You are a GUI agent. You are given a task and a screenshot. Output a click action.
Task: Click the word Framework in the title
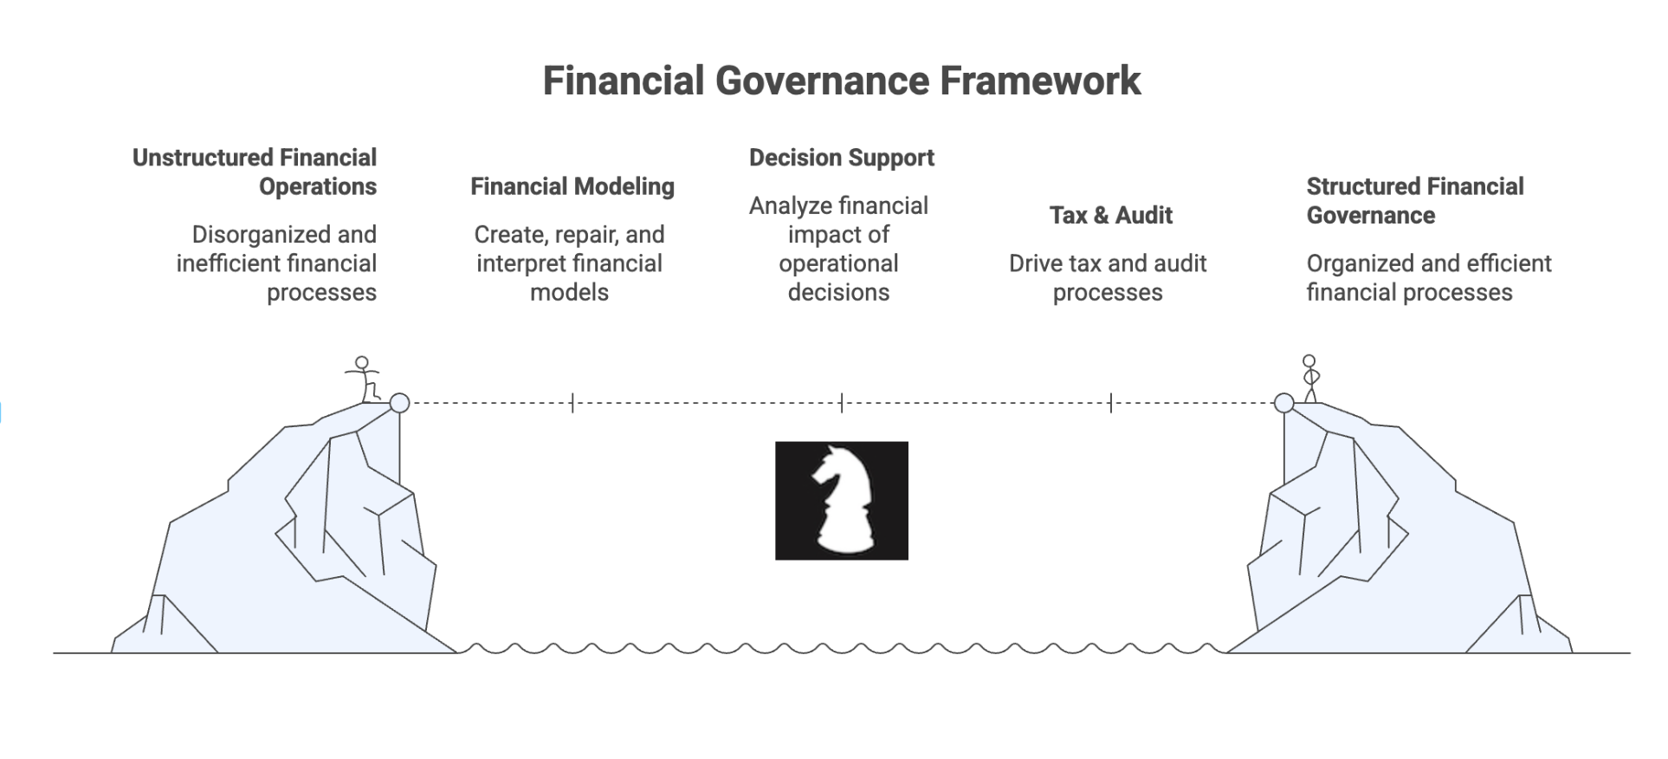1040,81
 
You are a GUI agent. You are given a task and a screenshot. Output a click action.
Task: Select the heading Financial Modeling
572,186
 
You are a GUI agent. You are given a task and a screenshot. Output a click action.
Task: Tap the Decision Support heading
841,158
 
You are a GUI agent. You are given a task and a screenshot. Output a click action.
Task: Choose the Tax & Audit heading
1110,215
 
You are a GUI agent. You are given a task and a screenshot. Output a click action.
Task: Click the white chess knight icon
841,501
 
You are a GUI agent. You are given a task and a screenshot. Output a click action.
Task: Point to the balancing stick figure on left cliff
365,379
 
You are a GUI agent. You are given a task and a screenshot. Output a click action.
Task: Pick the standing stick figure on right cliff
1310,378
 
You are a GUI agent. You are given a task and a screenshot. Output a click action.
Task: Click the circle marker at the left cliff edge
399,403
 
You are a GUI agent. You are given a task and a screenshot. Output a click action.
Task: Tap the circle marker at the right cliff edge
1283,403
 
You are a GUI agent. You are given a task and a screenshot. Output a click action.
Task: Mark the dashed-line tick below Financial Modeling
572,403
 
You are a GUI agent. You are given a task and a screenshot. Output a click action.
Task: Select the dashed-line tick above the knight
842,403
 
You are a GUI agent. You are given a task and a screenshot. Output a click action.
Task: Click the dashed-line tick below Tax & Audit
1111,403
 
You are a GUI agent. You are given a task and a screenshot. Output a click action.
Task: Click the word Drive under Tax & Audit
1037,263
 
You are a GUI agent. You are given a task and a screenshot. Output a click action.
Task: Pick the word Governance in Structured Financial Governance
1370,215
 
